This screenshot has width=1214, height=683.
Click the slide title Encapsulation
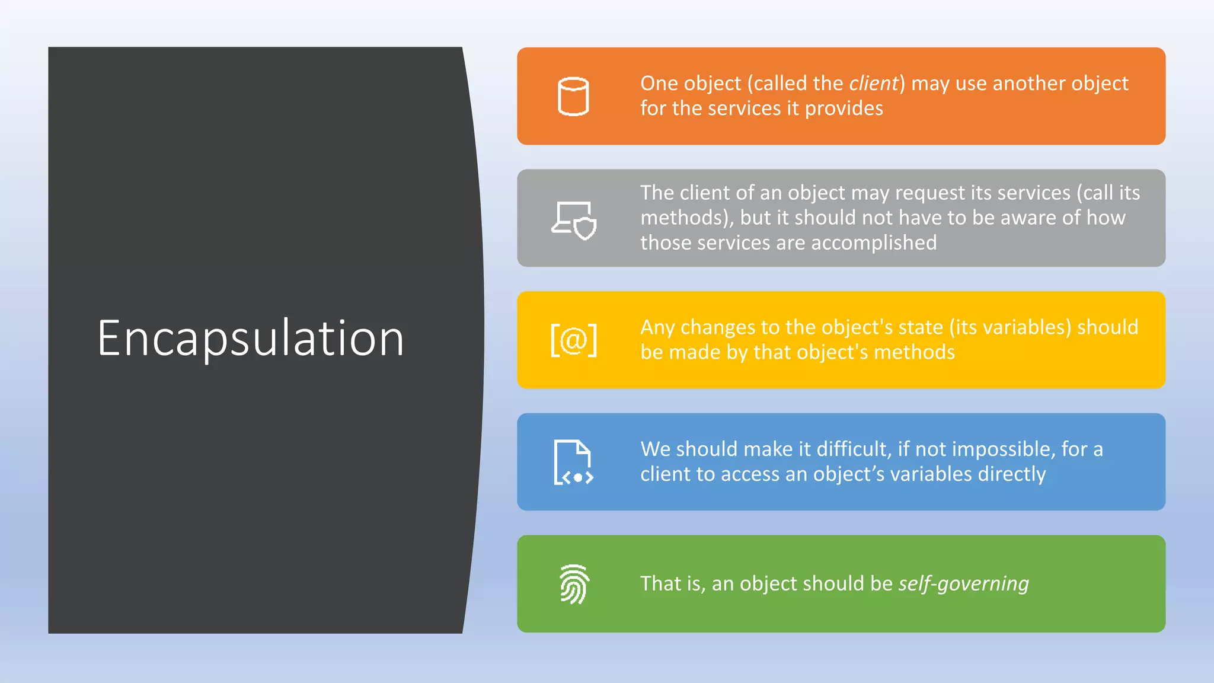[251, 339]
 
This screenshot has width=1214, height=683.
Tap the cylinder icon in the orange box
[573, 97]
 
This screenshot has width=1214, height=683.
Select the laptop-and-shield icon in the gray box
[574, 221]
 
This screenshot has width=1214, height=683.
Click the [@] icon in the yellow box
[573, 340]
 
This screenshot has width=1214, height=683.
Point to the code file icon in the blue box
[573, 462]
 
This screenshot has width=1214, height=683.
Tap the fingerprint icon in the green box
[574, 584]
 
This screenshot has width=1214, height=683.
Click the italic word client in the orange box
[874, 84]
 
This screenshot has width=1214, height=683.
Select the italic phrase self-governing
[963, 584]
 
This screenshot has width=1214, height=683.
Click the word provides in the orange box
[844, 108]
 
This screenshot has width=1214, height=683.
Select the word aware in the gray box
[1028, 218]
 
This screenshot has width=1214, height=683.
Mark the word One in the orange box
[659, 84]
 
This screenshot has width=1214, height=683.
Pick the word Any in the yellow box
[657, 328]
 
